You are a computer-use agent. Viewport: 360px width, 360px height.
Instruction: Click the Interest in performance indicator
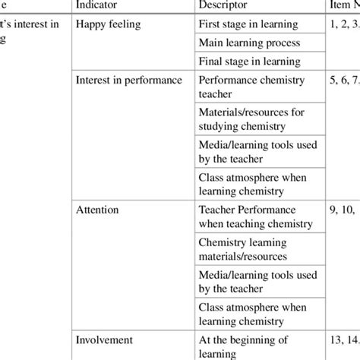128,80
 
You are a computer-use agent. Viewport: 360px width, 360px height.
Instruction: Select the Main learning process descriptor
249,43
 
